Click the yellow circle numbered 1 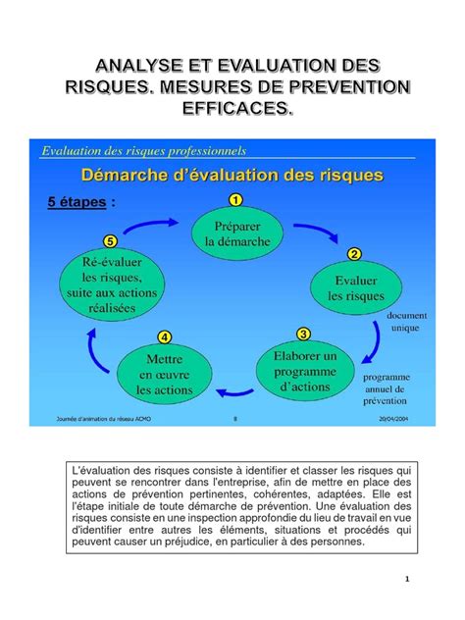point(235,199)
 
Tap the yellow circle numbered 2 point(353,255)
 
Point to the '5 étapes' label point(84,203)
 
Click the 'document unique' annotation point(404,322)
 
